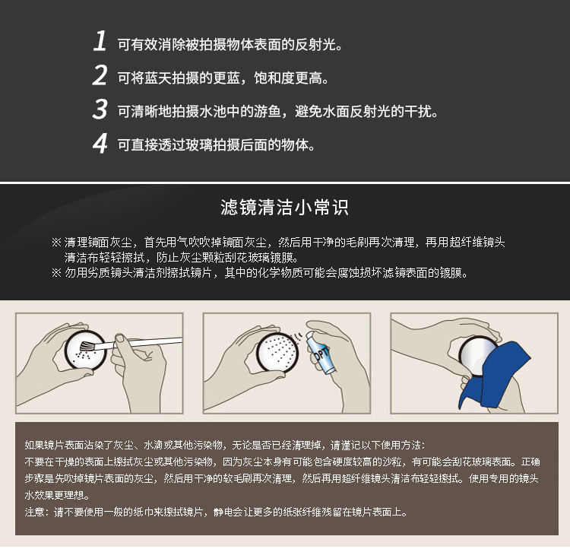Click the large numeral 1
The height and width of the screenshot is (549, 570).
click(100, 41)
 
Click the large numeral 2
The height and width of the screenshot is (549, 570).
click(100, 75)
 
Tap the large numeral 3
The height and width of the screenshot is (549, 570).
click(100, 109)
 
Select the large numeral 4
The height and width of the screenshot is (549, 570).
click(100, 143)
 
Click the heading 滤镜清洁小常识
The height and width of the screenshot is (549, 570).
click(285, 208)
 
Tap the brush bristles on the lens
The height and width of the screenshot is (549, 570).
click(87, 346)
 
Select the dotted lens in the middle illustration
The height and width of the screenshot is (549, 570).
click(278, 352)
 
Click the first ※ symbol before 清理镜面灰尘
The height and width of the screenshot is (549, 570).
click(56, 242)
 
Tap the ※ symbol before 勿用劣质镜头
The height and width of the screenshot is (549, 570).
click(56, 272)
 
